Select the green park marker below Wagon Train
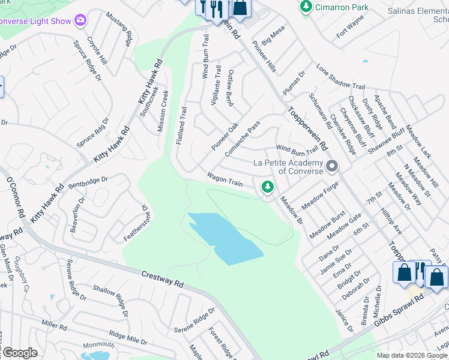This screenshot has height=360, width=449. [268, 188]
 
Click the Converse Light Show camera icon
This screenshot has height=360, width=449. [80, 22]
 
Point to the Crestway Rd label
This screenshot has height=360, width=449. [162, 279]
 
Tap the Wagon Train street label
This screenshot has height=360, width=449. [224, 179]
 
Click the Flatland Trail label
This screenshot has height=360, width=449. [181, 125]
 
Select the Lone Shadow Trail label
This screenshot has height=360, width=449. [340, 77]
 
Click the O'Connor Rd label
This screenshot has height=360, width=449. [15, 198]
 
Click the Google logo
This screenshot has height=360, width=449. [20, 353]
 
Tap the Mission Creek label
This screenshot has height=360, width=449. [163, 111]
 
